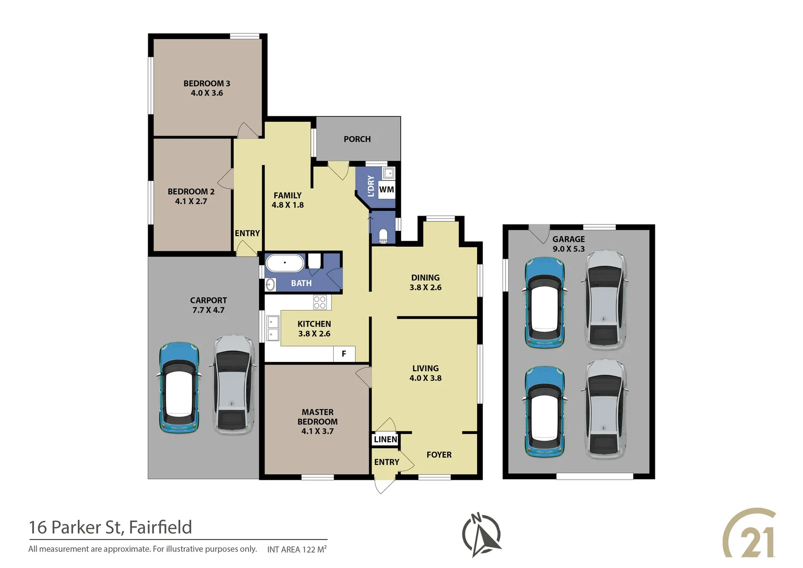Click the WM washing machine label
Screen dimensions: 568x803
point(386,190)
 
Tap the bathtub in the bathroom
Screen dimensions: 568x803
point(284,262)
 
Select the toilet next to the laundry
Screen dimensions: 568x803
point(383,235)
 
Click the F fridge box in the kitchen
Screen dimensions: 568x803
point(344,354)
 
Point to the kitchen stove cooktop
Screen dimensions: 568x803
point(320,302)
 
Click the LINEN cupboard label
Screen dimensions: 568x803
point(385,439)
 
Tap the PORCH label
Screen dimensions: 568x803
point(357,139)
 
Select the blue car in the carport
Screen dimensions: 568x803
point(179,388)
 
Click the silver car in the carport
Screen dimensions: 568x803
point(233,385)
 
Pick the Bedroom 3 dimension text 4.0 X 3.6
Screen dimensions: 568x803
point(207,93)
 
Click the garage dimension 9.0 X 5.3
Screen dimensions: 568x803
point(568,249)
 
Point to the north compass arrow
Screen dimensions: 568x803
point(481,535)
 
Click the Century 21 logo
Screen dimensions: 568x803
point(750,533)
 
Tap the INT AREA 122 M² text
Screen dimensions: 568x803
point(296,550)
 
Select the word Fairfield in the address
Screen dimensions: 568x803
point(160,527)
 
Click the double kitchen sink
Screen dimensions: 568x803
point(273,328)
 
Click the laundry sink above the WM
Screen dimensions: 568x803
point(388,173)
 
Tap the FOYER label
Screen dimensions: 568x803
point(439,455)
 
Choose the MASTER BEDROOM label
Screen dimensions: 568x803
point(317,417)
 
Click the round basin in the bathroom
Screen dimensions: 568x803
point(270,285)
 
